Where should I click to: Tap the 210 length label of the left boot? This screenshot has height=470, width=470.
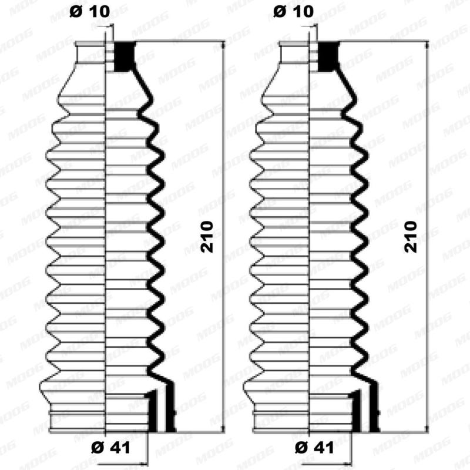(x=207, y=237)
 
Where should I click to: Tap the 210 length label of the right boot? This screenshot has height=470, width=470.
(x=411, y=237)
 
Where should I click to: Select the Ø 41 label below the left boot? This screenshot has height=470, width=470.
(x=111, y=447)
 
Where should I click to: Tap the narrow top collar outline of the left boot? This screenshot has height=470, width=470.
(x=91, y=53)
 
